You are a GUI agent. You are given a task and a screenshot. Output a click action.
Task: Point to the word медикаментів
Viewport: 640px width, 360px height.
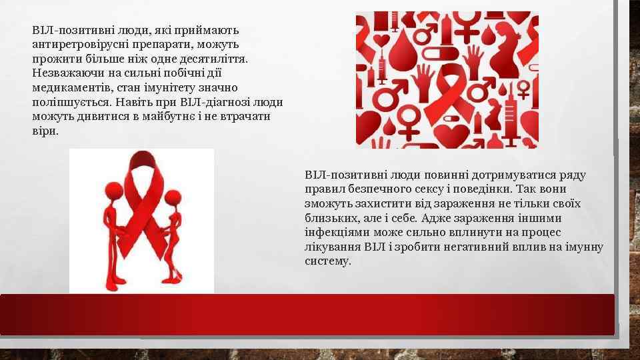[65, 88]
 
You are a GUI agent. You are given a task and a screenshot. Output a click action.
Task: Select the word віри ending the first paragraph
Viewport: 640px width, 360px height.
[45, 131]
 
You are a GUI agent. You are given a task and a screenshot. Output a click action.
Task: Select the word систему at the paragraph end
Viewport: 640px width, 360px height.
[327, 261]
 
